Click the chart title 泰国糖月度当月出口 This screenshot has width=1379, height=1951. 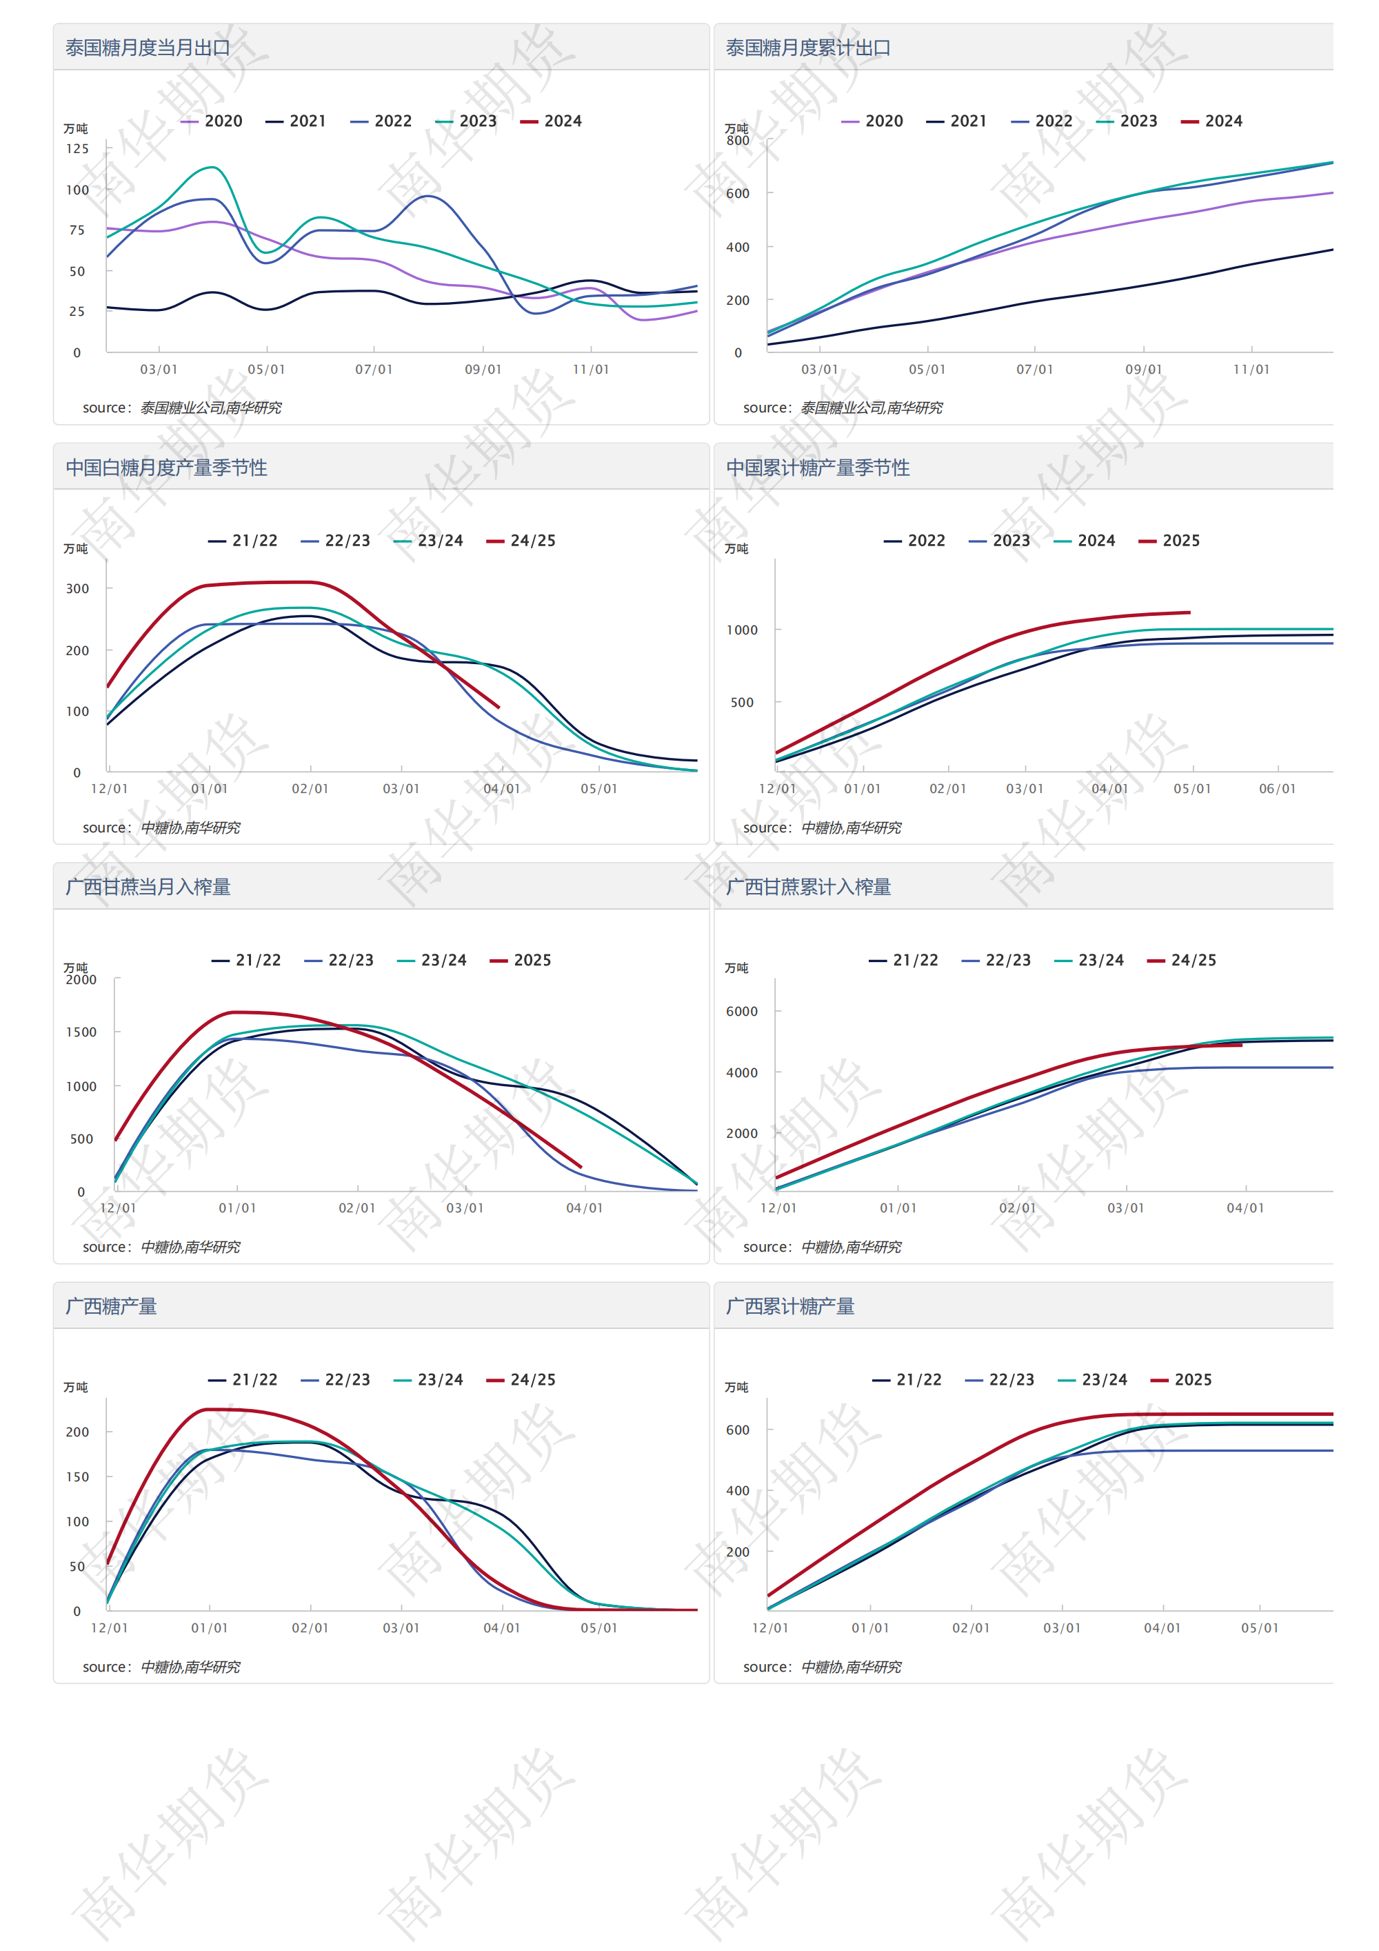pyautogui.click(x=148, y=48)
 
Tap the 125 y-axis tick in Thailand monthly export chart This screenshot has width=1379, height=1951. pyautogui.click(x=77, y=149)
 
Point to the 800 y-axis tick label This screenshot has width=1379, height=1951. pyautogui.click(x=738, y=140)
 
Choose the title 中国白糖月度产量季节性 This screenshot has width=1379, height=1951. pyautogui.click(x=167, y=468)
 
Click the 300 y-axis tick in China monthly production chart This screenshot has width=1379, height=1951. pyautogui.click(x=77, y=589)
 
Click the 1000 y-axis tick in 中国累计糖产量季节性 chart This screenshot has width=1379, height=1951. pyautogui.click(x=742, y=630)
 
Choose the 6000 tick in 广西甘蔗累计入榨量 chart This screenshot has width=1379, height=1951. pyautogui.click(x=742, y=1012)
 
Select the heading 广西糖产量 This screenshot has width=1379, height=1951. pyautogui.click(x=111, y=1307)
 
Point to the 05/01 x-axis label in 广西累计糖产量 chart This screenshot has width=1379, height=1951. pyautogui.click(x=1259, y=1628)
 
